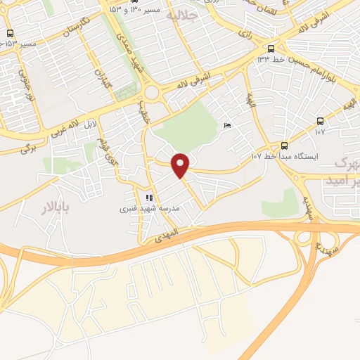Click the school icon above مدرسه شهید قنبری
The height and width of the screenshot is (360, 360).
point(149,198)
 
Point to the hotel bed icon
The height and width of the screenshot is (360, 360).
point(226,124)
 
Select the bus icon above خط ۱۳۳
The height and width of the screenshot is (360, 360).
point(271,49)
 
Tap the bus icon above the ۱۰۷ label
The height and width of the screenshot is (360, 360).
point(321,121)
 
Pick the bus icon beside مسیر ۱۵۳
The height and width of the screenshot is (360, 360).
point(9,33)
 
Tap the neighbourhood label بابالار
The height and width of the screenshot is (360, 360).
point(53,209)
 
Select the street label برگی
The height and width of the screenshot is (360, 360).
point(26,148)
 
